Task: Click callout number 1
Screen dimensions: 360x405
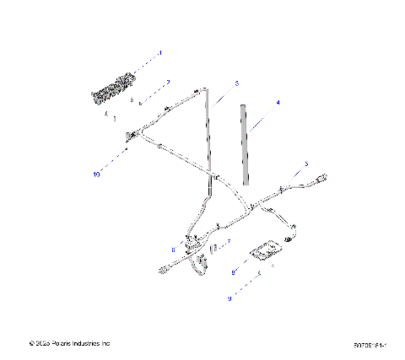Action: (x=160, y=53)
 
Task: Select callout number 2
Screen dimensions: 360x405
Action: (x=168, y=82)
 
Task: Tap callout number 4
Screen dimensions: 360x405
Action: (x=278, y=102)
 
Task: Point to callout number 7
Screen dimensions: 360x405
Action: (x=228, y=241)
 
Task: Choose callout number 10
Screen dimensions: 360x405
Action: (x=96, y=175)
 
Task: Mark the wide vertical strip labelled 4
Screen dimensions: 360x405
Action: (x=246, y=143)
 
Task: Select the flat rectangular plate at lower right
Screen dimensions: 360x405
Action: (x=263, y=250)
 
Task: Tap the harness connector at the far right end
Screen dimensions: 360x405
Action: (x=321, y=178)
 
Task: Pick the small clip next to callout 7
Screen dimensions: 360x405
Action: (x=213, y=247)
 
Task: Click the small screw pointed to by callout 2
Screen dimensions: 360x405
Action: (x=140, y=102)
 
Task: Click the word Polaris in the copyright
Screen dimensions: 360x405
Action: (x=62, y=343)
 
